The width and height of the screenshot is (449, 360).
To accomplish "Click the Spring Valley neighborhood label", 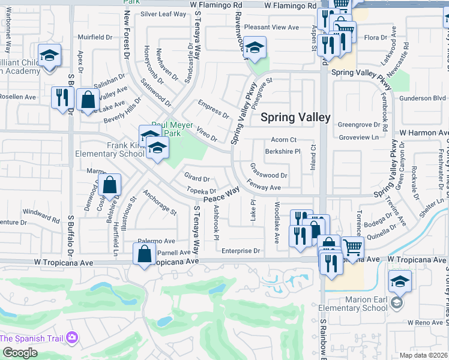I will [x=295, y=118].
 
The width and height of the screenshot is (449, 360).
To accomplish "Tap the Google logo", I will [x=19, y=353].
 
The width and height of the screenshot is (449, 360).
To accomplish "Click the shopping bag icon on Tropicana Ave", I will [x=145, y=254].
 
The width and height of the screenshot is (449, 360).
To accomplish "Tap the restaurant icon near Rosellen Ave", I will [x=62, y=97].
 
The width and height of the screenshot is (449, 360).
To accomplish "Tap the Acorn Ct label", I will [x=284, y=140].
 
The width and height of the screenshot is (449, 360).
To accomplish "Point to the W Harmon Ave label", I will [x=424, y=132].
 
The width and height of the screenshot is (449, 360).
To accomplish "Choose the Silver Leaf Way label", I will [x=163, y=14].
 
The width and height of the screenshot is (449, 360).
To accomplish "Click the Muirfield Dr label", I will [x=95, y=37].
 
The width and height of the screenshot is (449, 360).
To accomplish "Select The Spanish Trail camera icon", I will [x=72, y=338].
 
